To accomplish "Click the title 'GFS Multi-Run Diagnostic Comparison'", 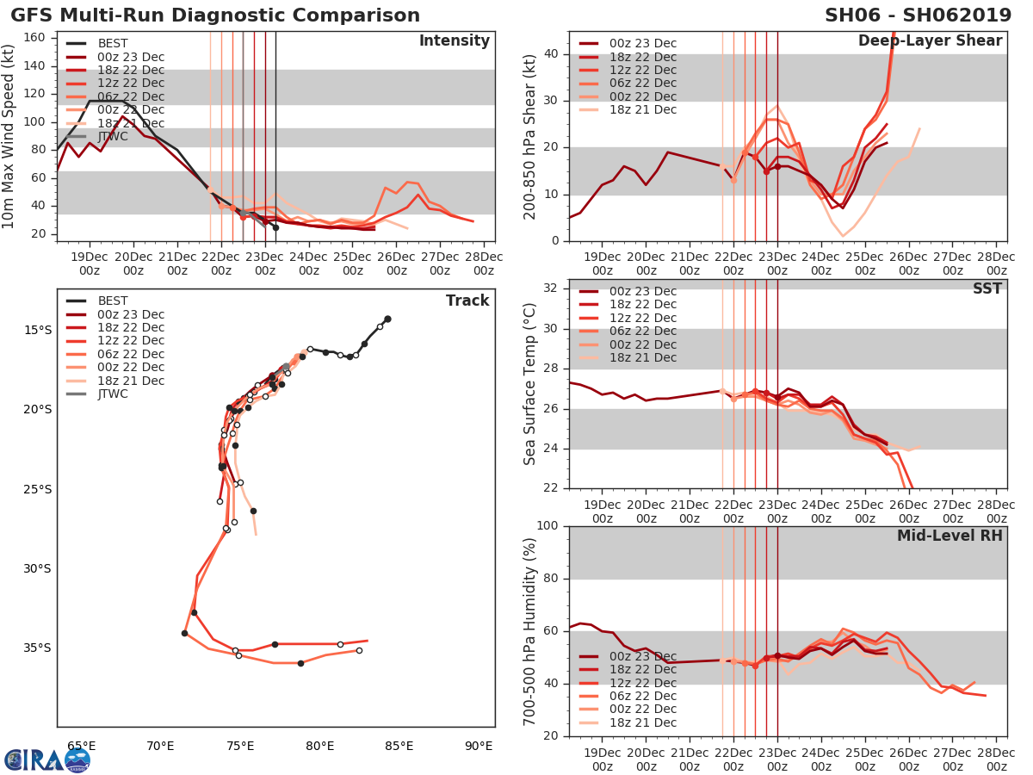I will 215,15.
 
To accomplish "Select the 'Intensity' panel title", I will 454,41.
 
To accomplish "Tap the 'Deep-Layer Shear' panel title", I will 930,41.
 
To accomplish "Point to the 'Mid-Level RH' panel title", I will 949,536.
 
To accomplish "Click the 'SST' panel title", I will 987,288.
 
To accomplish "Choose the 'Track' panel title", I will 467,301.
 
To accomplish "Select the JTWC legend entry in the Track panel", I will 112,394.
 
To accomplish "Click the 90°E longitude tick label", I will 479,746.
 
